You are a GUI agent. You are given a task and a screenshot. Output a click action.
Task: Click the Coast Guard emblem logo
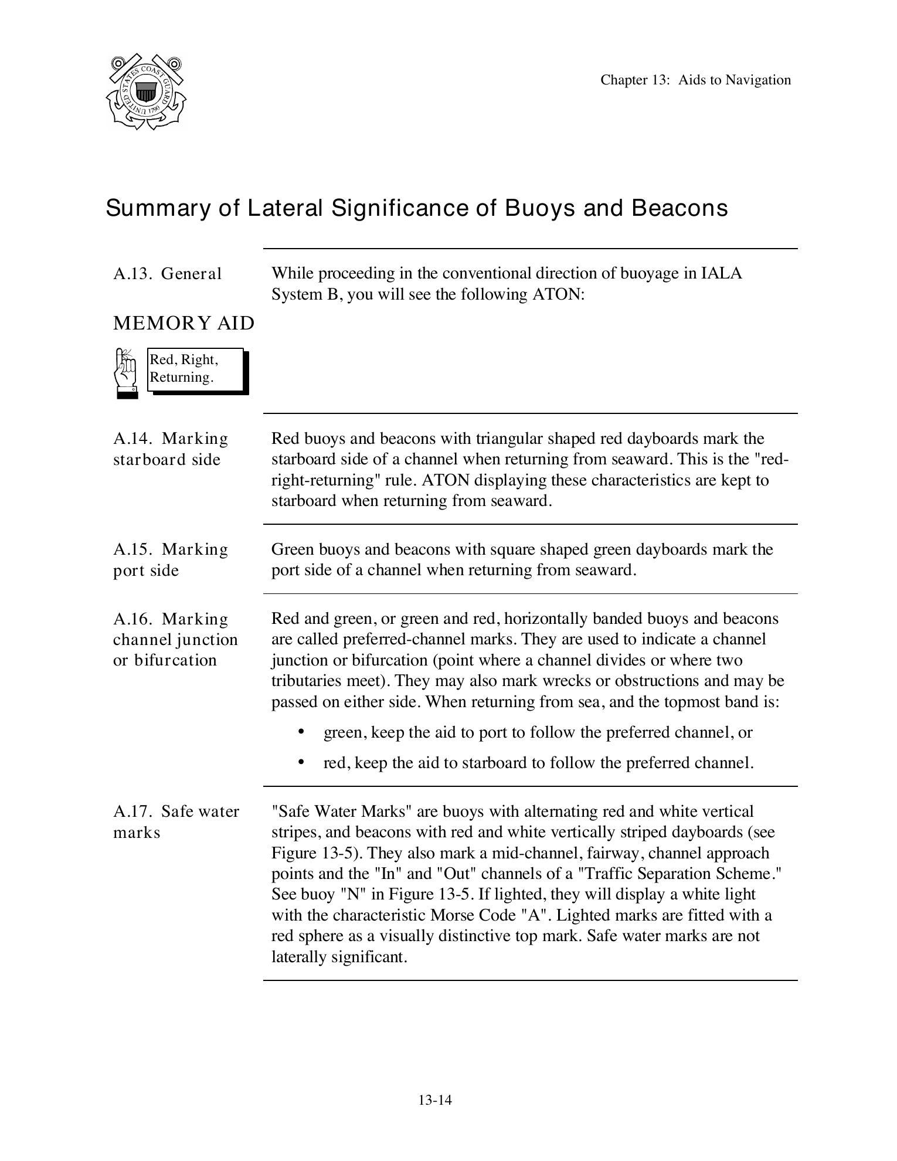pos(146,92)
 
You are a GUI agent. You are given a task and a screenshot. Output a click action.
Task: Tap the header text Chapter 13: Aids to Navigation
pos(695,80)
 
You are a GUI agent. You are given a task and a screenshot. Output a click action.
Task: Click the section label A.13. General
pos(168,274)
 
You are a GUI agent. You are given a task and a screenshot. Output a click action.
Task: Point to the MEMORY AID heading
pos(184,323)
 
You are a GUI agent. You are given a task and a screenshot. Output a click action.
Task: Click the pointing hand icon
pos(125,373)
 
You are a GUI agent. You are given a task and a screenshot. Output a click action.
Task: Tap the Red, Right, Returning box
pos(195,369)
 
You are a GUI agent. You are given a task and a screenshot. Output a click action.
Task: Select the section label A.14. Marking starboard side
pos(170,449)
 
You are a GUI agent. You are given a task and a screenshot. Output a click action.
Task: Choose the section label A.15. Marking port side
pos(170,560)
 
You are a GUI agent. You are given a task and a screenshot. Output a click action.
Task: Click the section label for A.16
pos(175,640)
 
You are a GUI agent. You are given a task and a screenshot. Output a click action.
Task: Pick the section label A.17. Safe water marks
pos(176,822)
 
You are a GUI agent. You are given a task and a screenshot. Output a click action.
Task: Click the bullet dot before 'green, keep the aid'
pos(301,732)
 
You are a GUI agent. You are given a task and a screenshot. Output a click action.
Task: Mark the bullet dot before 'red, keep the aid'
pos(301,762)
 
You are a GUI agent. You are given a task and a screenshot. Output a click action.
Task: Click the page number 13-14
pos(435,1100)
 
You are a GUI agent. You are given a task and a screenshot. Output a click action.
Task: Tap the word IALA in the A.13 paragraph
pos(721,274)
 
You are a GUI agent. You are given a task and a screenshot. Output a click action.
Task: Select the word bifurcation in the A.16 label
pos(175,660)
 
